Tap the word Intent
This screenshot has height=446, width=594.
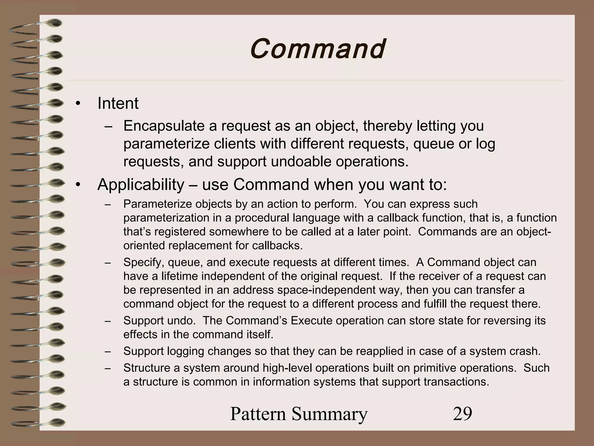click(118, 103)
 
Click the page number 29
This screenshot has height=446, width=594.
click(462, 414)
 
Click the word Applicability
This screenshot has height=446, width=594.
click(141, 185)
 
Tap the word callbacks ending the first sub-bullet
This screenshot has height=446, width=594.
click(277, 246)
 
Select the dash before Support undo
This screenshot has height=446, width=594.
click(108, 321)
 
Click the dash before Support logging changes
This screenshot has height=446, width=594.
click(108, 352)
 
